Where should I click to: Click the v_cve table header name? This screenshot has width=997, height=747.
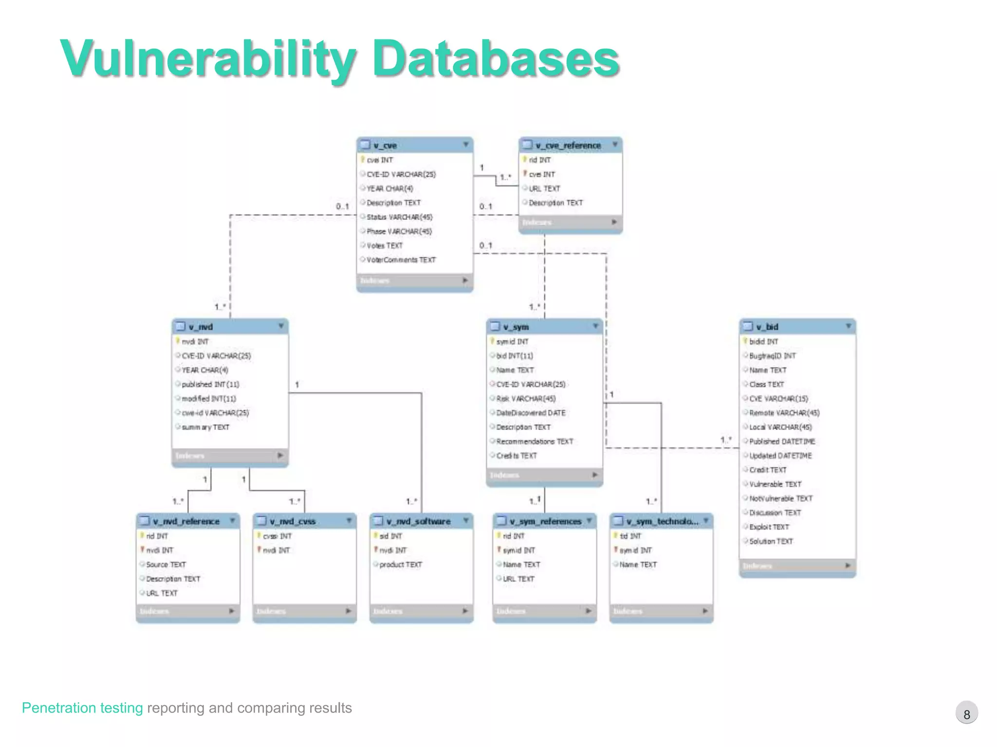point(385,145)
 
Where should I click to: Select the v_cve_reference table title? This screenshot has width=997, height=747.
point(568,145)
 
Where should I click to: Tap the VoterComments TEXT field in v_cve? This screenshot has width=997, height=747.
point(401,260)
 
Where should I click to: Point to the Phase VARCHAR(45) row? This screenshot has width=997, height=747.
point(399,231)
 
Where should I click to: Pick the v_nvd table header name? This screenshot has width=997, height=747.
point(201,327)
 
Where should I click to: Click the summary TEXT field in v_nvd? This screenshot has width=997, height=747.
point(205,427)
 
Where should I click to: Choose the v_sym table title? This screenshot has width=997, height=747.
point(516,327)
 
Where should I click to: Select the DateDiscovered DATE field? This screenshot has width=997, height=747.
point(531,413)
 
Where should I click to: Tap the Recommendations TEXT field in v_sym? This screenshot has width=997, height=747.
point(535,442)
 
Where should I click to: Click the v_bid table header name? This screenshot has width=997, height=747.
point(767,327)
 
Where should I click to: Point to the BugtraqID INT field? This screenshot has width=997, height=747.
point(773,356)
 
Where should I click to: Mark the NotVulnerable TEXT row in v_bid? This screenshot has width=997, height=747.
point(781,498)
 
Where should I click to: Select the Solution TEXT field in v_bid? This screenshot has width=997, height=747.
point(771,541)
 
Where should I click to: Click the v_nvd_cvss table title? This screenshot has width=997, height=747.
point(293,521)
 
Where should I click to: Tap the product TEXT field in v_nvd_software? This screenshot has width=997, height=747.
point(401,565)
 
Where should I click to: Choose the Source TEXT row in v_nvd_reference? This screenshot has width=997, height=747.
point(166,565)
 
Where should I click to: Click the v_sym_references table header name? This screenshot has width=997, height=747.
point(545,521)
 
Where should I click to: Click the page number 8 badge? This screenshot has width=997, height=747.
point(966,714)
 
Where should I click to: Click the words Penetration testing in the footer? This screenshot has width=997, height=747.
point(82,708)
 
